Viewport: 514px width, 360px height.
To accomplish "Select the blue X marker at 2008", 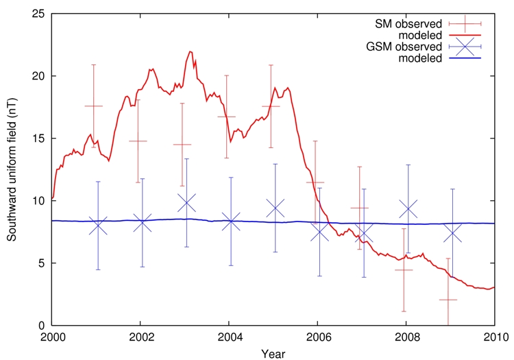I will (408, 208).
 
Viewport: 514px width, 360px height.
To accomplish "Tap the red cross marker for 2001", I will (93, 106).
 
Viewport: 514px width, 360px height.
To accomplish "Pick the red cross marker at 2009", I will (448, 300).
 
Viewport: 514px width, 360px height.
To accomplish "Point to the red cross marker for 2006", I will (315, 182).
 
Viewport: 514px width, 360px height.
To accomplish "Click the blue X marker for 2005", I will (275, 208).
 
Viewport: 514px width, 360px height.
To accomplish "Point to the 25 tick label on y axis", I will (39, 14).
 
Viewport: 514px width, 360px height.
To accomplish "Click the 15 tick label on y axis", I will (39, 139).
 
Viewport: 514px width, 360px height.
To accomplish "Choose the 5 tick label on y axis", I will (42, 263).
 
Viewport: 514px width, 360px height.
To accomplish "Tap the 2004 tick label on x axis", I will (229, 339).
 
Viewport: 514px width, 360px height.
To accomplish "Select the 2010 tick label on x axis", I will (493, 339).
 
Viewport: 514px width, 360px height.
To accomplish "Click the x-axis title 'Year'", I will (273, 353).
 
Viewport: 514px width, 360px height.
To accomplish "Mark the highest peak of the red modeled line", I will (191, 51).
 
